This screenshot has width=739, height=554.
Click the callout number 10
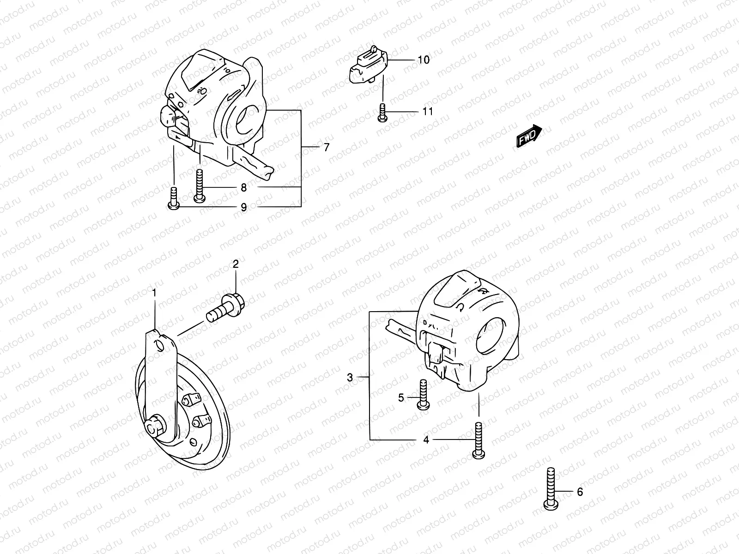point(424,60)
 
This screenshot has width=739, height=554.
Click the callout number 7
point(327,147)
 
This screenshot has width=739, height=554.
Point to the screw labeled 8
point(200,186)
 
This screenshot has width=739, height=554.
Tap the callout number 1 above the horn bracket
point(155,293)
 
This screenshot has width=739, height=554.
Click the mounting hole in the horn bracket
point(159,345)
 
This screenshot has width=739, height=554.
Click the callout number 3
point(350,378)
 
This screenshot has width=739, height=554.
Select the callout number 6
point(580,492)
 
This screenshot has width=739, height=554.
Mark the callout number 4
point(426,440)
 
